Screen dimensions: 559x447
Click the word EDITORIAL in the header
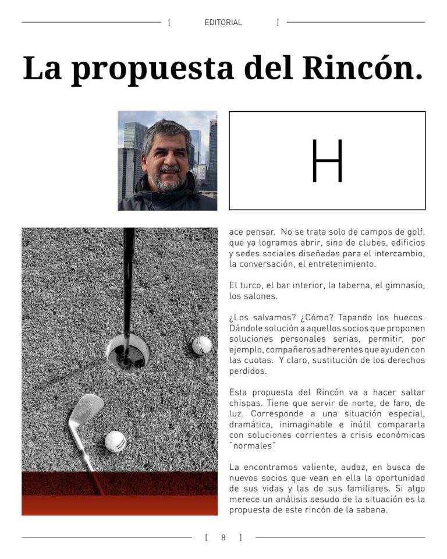pos(223,23)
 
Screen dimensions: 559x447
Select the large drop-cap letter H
pos(327,161)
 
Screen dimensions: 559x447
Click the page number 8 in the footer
pos(223,537)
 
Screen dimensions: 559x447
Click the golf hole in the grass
pos(127,351)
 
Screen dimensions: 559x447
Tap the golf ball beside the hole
pos(202,345)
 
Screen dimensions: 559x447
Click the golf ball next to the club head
pos(115,441)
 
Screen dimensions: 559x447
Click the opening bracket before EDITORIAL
pos(169,23)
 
